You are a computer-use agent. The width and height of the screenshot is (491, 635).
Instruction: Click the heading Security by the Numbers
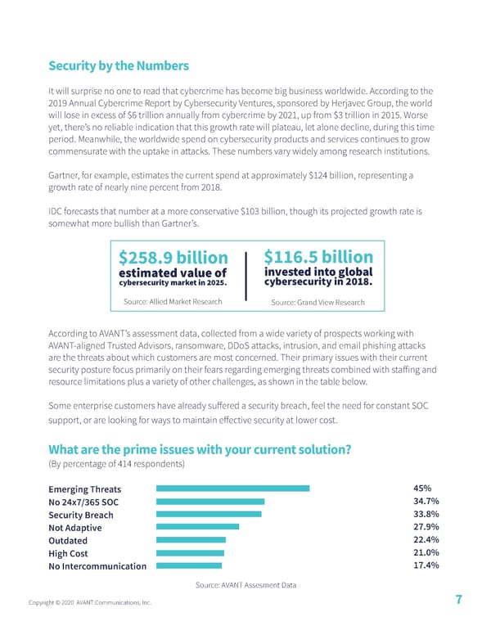[x=119, y=65]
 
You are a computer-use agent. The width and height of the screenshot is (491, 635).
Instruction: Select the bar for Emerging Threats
[x=232, y=489]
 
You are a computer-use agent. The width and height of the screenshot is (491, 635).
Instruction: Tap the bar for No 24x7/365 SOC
[x=209, y=502]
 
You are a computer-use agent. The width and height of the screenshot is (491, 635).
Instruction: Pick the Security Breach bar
[x=208, y=515]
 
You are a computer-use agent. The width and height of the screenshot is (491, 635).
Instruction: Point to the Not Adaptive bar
[x=196, y=527]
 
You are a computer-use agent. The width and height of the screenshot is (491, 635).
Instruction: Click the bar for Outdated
[x=190, y=540]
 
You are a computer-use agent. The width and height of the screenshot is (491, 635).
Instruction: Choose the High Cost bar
[x=189, y=552]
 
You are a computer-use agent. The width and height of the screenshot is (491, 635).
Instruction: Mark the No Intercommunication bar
[x=188, y=565]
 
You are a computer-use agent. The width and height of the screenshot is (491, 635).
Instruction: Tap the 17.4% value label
[x=427, y=565]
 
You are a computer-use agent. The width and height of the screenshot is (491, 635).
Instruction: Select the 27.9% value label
[x=427, y=527]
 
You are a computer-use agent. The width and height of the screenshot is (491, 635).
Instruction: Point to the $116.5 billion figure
[x=319, y=258]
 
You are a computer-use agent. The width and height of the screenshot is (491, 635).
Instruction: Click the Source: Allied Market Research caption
[x=172, y=302]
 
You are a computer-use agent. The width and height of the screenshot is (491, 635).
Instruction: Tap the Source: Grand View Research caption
[x=318, y=303]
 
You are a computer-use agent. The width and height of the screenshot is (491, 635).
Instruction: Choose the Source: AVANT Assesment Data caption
[x=245, y=584]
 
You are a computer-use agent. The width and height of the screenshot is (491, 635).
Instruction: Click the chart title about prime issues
[x=200, y=449]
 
